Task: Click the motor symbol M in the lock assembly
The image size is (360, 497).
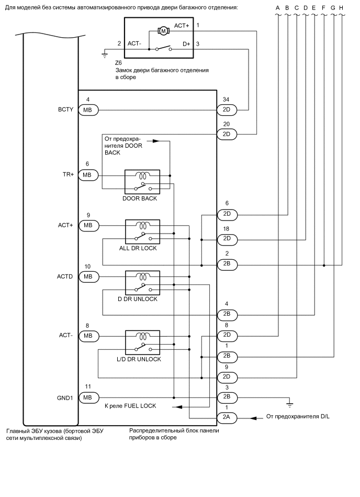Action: point(163,31)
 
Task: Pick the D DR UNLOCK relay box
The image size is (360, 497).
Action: point(142,283)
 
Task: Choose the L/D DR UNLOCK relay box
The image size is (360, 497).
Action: point(142,343)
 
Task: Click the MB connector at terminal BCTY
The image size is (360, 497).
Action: point(87,110)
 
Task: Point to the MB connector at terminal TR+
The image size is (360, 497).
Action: point(87,174)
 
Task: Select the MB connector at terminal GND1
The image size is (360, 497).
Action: point(87,397)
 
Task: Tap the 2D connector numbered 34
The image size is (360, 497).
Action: point(227,110)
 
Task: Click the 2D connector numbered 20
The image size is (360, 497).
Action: point(227,134)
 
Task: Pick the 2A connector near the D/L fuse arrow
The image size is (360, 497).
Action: point(227,418)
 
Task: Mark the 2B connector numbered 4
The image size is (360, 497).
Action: point(227,314)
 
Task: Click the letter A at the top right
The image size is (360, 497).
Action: point(278,8)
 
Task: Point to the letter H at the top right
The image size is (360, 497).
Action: point(341,8)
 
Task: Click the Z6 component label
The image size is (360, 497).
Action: point(118,62)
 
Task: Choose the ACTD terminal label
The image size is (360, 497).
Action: point(65,276)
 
